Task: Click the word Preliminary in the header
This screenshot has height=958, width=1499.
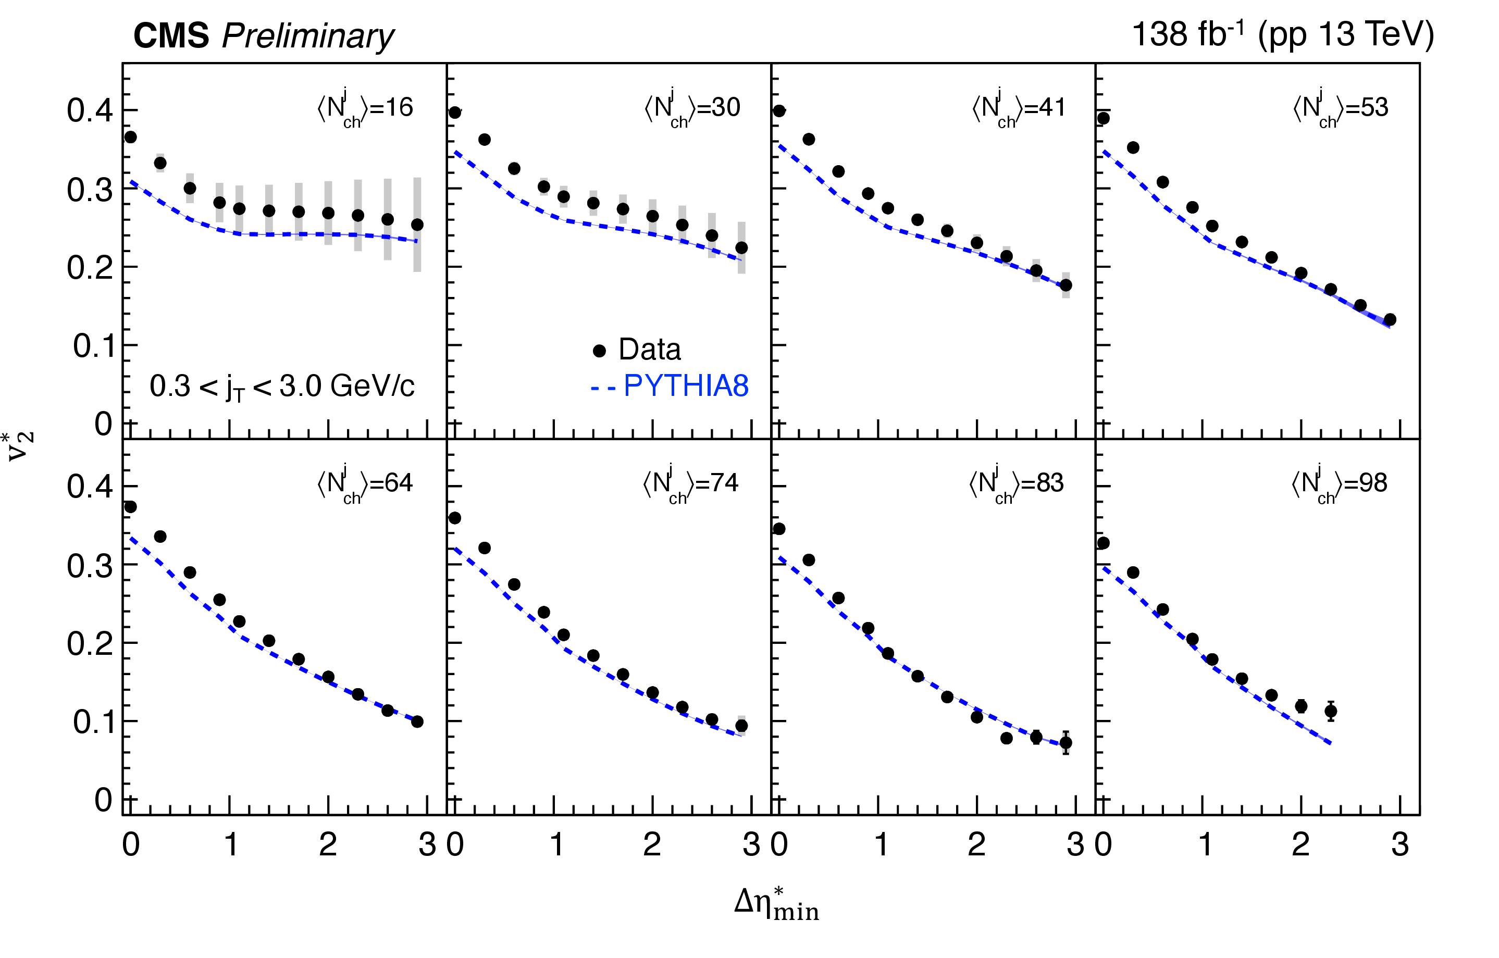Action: pyautogui.click(x=307, y=36)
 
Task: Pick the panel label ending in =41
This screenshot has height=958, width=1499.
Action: pyautogui.click(x=1019, y=108)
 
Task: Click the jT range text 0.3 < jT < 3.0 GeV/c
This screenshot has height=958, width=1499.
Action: pyautogui.click(x=281, y=387)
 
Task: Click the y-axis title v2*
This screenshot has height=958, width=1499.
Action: pyautogui.click(x=20, y=446)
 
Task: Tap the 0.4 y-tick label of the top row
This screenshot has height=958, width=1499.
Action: pyautogui.click(x=90, y=111)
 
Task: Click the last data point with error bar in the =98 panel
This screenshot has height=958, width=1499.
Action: pyautogui.click(x=1330, y=711)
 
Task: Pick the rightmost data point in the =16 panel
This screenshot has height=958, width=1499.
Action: pyautogui.click(x=417, y=225)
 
